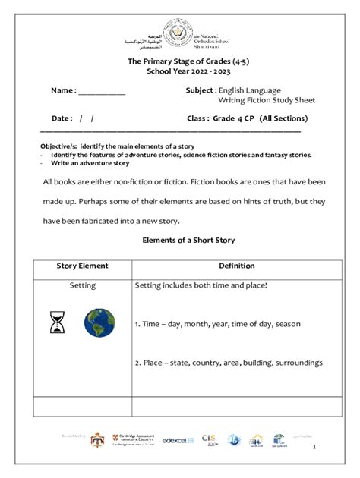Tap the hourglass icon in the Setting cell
point(57,322)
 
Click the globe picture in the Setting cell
point(99,322)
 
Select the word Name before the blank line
point(62,91)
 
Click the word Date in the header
point(62,119)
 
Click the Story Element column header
point(82,266)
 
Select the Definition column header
point(237,266)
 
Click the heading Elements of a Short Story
point(189,241)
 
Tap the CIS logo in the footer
point(210,439)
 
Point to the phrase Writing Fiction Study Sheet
point(266,100)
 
